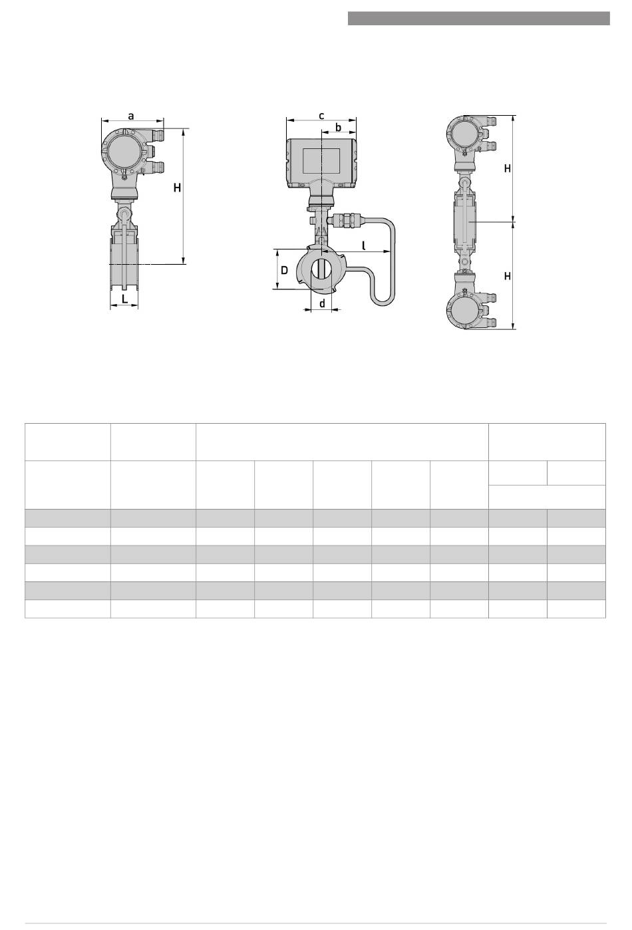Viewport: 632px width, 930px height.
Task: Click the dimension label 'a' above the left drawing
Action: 131,116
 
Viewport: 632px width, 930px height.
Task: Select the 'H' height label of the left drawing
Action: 178,188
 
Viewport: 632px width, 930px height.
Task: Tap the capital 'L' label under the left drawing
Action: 124,298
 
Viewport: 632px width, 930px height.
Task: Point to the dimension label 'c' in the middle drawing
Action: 321,116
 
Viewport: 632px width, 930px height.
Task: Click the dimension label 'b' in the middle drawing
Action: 339,127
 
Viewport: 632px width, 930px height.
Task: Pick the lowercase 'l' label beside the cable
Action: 364,245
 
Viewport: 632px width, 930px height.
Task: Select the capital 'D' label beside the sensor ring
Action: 285,271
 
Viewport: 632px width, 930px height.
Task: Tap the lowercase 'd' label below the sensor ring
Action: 322,303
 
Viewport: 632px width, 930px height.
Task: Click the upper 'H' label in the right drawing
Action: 508,168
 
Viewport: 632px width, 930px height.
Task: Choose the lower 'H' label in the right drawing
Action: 508,276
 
